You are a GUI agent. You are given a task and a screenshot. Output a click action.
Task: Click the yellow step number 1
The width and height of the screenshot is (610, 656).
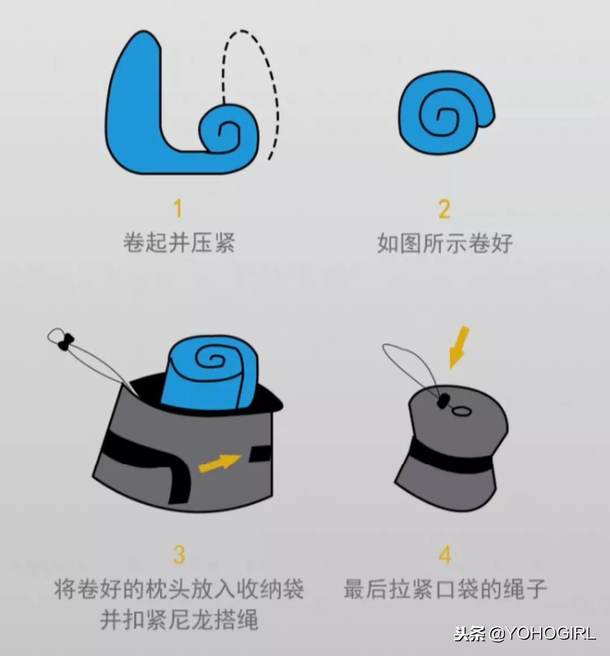[x=178, y=208]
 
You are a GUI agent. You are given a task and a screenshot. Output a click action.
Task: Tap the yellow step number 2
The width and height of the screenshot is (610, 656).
[x=444, y=209]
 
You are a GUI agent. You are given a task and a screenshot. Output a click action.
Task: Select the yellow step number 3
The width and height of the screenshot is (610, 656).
[x=178, y=554]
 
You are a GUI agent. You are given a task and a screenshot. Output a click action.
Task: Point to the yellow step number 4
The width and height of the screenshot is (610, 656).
[x=445, y=554]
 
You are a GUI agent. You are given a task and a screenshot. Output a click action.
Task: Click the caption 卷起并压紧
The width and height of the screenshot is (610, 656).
[x=178, y=243]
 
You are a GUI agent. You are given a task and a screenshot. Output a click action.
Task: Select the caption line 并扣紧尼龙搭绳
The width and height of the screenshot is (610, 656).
[x=178, y=620]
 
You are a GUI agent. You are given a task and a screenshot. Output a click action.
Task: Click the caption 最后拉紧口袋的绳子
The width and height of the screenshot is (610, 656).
[x=445, y=589]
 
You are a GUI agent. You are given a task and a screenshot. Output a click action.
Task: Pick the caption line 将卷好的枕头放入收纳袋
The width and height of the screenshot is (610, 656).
[x=178, y=589]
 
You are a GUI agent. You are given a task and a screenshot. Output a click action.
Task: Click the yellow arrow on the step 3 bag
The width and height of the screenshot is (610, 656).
[x=219, y=463]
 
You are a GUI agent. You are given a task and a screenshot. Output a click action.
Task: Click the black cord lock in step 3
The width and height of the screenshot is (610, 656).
[x=66, y=342]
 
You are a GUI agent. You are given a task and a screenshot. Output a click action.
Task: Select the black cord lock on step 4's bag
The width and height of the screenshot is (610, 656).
[x=442, y=402]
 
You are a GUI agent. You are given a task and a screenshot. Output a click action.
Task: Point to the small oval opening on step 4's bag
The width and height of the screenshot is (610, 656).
[x=462, y=411]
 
